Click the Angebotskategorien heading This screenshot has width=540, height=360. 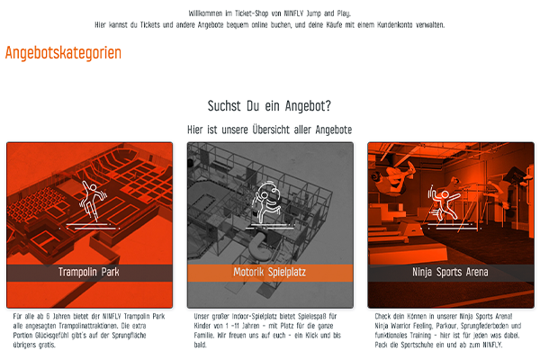pyautogui.click(x=63, y=53)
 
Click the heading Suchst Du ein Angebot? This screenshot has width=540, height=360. pyautogui.click(x=269, y=106)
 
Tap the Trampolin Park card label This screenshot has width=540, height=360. pyautogui.click(x=89, y=272)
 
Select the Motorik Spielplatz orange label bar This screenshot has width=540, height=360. pyautogui.click(x=270, y=273)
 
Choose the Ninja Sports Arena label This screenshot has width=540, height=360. pyautogui.click(x=450, y=272)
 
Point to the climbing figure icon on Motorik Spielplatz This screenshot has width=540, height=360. pyautogui.click(x=265, y=203)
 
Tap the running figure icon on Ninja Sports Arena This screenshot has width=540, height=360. pyautogui.click(x=445, y=204)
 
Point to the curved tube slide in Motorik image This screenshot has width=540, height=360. pyautogui.click(x=257, y=247)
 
